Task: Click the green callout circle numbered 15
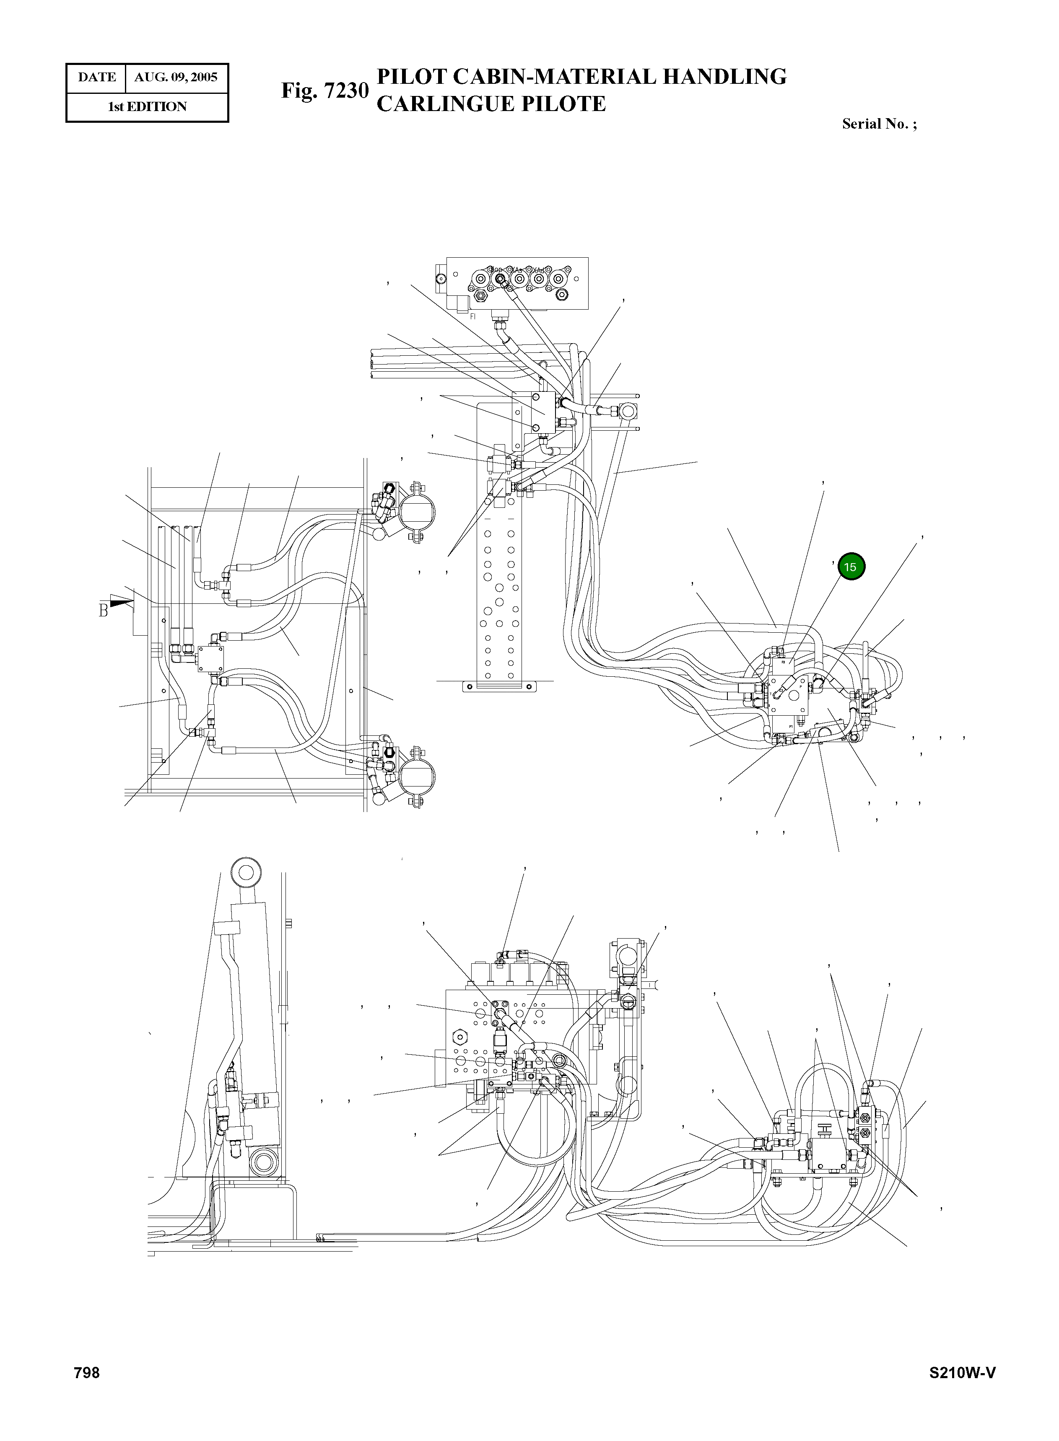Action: [x=851, y=567]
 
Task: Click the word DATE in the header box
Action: [x=97, y=78]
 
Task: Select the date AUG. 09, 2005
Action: [x=176, y=78]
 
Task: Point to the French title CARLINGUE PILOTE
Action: [x=491, y=104]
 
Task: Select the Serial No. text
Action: [x=879, y=124]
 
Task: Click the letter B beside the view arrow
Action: [x=103, y=611]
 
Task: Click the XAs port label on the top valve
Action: [x=518, y=270]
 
